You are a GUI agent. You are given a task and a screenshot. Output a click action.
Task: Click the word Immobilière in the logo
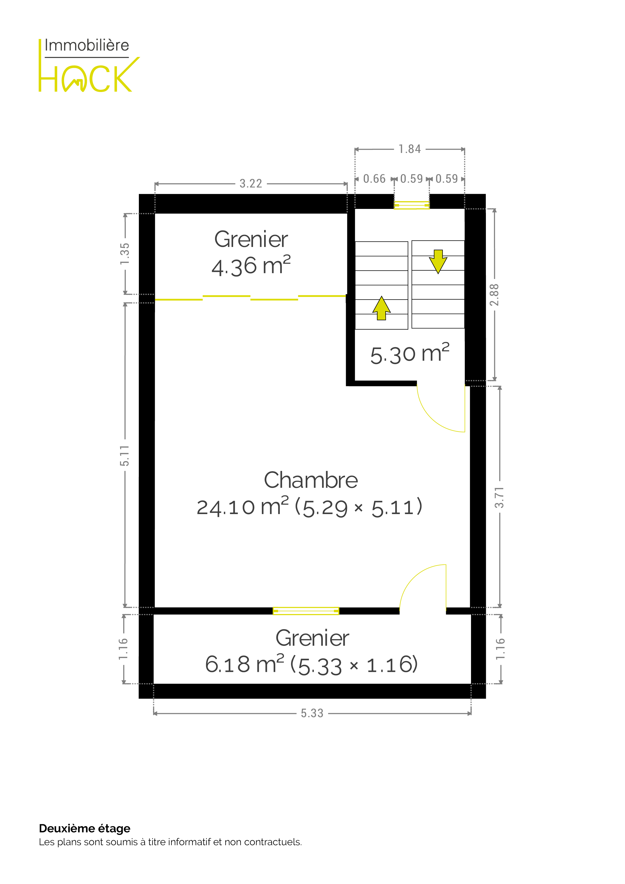(x=87, y=45)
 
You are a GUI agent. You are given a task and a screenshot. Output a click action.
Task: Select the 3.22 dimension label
(x=251, y=184)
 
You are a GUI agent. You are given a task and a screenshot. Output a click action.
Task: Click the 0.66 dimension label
(x=374, y=179)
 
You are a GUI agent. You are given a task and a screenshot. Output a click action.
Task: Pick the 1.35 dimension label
(x=125, y=254)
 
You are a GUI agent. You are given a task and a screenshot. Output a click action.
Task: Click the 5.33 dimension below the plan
(x=312, y=713)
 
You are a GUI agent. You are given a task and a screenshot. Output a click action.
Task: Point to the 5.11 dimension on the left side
(x=124, y=455)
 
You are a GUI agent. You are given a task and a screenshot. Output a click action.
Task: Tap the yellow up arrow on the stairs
(x=381, y=308)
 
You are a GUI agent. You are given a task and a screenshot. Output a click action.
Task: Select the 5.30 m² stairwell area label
(x=410, y=354)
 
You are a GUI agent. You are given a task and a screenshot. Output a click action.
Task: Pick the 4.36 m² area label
(x=251, y=266)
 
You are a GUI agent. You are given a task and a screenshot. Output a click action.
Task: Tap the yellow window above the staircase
(x=412, y=205)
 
